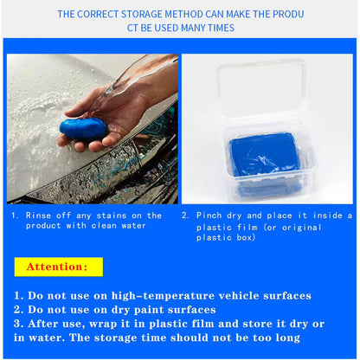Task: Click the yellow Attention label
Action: (x=58, y=267)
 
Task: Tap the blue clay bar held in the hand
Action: (x=83, y=131)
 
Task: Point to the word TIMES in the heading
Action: (x=220, y=28)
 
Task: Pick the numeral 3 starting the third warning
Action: (x=17, y=323)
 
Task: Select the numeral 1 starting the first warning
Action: (x=17, y=295)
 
